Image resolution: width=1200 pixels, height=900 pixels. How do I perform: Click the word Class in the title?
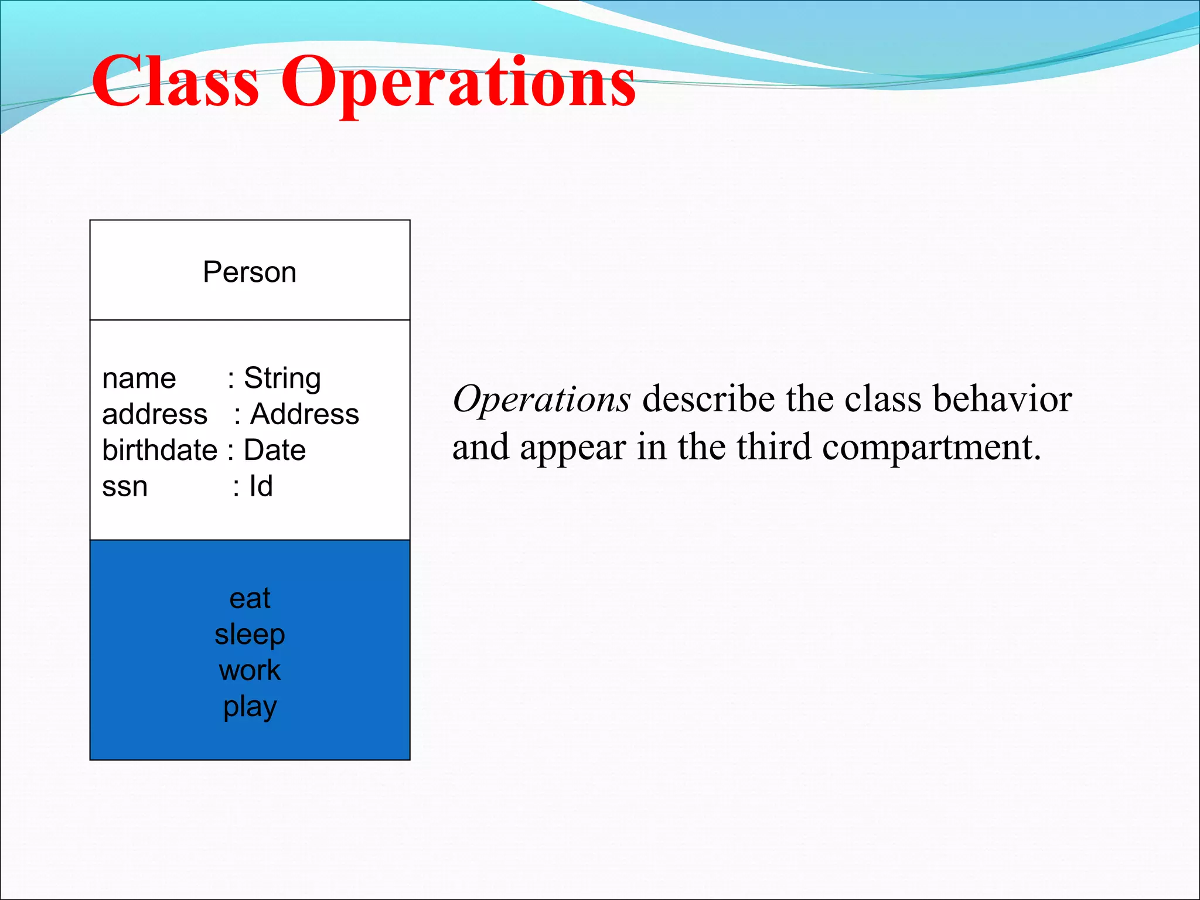coord(175,82)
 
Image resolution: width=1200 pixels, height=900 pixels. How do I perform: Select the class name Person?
coord(250,272)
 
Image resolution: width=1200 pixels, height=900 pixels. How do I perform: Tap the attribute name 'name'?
coord(139,379)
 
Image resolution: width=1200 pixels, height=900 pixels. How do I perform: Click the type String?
coord(282,378)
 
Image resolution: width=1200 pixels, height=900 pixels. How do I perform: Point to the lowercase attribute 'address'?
coord(155,414)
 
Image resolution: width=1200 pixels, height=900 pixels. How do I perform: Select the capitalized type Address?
coord(304,414)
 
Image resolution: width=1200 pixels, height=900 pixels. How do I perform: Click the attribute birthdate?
coord(160,451)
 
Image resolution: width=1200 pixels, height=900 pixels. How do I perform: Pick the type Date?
coord(274,451)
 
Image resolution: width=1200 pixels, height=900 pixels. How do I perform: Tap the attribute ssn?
coord(125,487)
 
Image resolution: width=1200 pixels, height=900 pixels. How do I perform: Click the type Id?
coord(261,486)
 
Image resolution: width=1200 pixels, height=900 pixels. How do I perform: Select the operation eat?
coord(250,599)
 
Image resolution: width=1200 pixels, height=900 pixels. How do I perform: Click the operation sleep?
coord(250,635)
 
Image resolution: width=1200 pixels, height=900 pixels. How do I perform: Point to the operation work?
coord(250,670)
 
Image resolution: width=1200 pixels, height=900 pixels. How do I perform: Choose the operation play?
coord(250,707)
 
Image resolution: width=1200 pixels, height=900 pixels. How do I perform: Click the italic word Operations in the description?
coord(541,400)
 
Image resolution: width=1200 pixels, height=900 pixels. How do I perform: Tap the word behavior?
coord(1003,399)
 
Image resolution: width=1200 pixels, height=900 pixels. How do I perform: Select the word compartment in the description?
coord(930,448)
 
